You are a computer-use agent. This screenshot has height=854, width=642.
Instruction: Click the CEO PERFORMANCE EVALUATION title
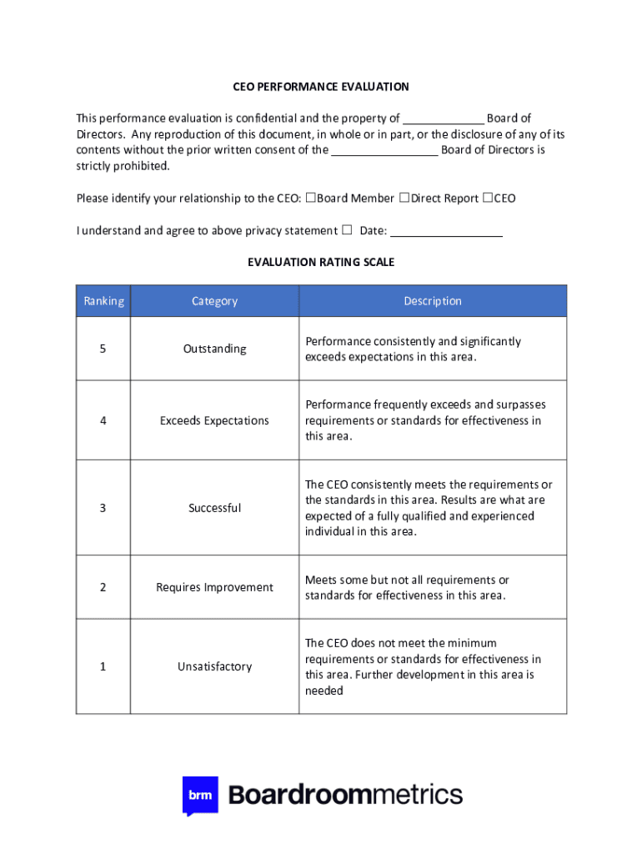tap(320, 87)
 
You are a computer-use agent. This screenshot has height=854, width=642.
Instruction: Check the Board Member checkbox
tap(310, 198)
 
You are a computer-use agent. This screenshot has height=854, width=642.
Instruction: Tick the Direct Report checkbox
tap(404, 198)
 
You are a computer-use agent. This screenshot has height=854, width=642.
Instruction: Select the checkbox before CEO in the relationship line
tap(488, 198)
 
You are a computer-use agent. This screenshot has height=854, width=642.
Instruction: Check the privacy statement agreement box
tap(347, 230)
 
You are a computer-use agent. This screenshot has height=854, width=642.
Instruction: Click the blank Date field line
tap(446, 232)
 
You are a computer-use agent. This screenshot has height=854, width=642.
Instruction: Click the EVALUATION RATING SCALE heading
tap(320, 262)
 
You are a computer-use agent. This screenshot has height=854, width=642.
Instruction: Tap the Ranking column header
tap(103, 301)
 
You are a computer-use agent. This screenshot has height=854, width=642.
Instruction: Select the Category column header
tap(214, 301)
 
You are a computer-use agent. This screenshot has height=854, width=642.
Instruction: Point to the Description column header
tap(432, 301)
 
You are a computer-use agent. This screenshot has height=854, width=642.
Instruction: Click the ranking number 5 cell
tap(103, 349)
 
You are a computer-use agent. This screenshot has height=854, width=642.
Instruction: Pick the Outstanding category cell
tap(214, 349)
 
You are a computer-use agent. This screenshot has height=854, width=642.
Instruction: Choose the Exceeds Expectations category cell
tap(214, 420)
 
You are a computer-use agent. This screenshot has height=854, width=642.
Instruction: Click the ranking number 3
tap(103, 508)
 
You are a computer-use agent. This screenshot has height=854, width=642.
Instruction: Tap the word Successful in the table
tap(214, 508)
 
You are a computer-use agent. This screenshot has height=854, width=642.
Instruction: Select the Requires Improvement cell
tap(214, 587)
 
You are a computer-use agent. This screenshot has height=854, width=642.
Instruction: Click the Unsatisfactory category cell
tap(214, 666)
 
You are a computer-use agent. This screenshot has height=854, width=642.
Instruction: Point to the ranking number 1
tap(103, 666)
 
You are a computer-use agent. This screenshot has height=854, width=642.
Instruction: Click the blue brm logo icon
tap(200, 796)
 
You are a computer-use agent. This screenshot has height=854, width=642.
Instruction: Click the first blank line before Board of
tap(443, 119)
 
